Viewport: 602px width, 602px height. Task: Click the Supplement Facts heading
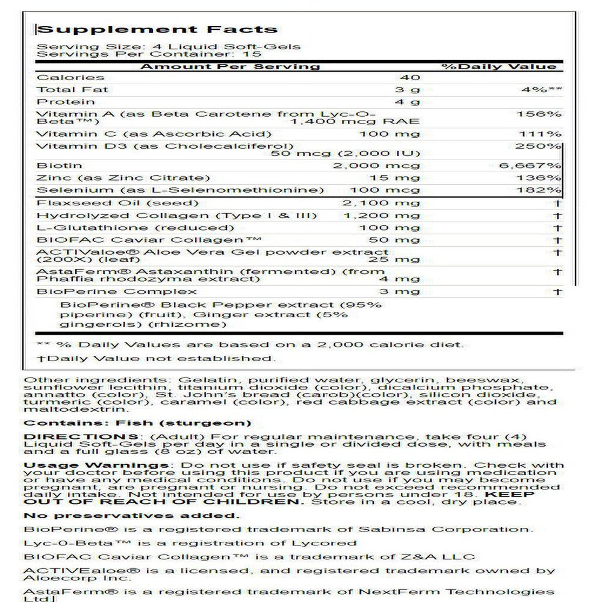[157, 29]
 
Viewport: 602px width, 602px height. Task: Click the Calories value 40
[409, 77]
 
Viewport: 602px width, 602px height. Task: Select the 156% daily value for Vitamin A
[545, 114]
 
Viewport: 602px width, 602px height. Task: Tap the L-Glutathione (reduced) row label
[136, 228]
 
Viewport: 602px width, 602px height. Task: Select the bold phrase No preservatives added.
[131, 516]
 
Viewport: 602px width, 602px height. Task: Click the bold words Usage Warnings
[96, 465]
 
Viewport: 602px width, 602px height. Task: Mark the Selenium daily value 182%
[545, 190]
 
